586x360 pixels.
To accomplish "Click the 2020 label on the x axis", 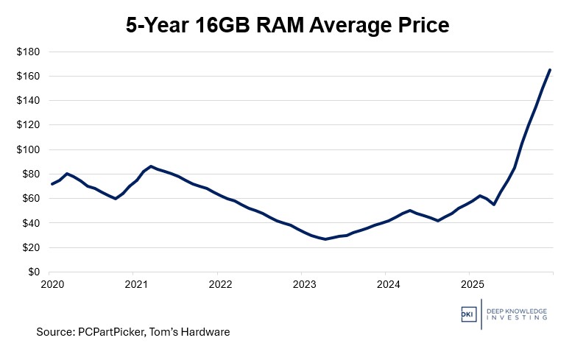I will pyautogui.click(x=50, y=283).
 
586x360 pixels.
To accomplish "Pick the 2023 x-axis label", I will pyautogui.click(x=303, y=283).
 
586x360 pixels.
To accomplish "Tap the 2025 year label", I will pyautogui.click(x=471, y=283).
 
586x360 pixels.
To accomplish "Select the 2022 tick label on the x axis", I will pyautogui.click(x=219, y=283).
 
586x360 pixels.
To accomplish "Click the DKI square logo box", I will pyautogui.click(x=469, y=313).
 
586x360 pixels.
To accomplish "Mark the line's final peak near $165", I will pyautogui.click(x=550, y=70).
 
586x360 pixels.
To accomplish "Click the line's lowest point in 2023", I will pyautogui.click(x=325, y=239).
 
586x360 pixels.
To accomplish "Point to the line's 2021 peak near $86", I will pyautogui.click(x=151, y=166).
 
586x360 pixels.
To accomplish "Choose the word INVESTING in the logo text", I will pyautogui.click(x=515, y=318).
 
